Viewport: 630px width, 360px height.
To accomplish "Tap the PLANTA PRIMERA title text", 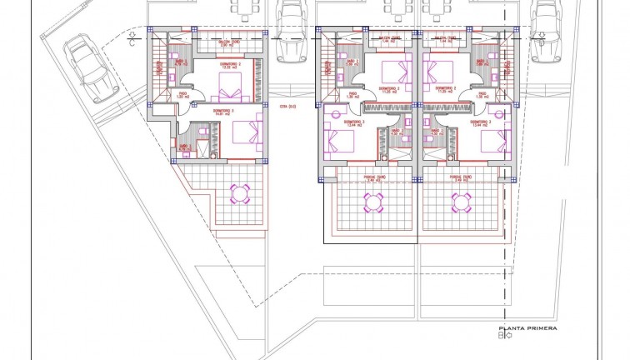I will point(527,329).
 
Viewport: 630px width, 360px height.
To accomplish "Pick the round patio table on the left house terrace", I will point(240,194).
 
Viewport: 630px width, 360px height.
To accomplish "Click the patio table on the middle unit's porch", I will point(373,201).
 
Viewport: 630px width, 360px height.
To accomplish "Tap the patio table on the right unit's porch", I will point(461,201).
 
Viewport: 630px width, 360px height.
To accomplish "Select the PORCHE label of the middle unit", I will point(374,176).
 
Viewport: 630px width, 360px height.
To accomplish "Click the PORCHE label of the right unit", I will point(461,176).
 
